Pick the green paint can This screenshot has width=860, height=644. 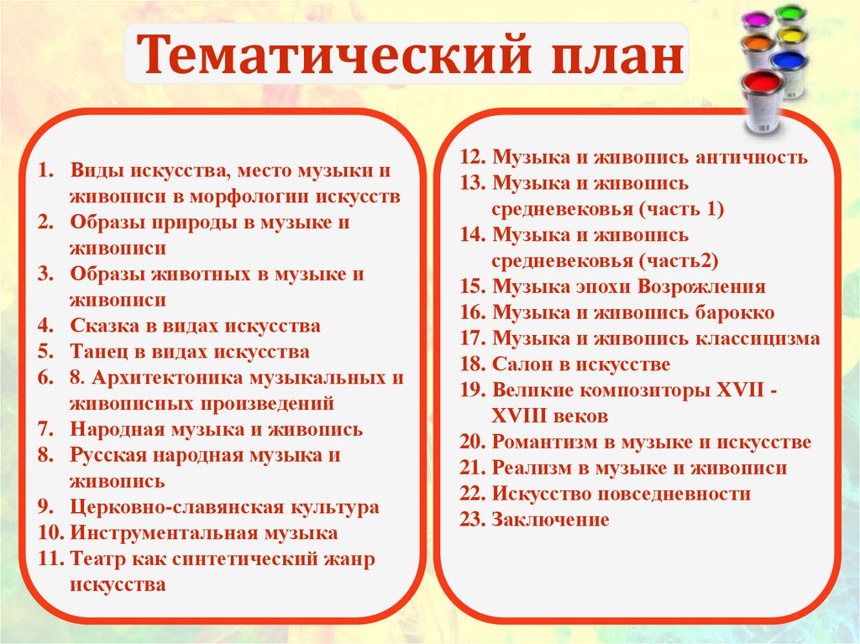[x=789, y=16]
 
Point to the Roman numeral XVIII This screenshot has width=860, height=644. [x=525, y=416]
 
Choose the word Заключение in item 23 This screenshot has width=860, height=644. [x=550, y=520]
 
